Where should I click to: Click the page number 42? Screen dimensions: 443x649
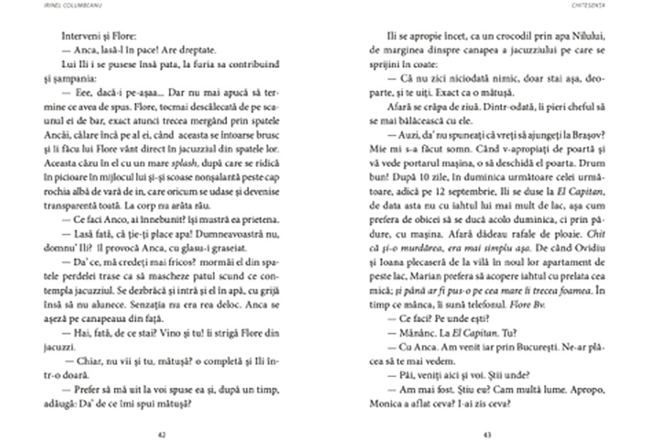pyautogui.click(x=161, y=434)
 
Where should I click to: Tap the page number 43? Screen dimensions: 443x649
pyautogui.click(x=486, y=434)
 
